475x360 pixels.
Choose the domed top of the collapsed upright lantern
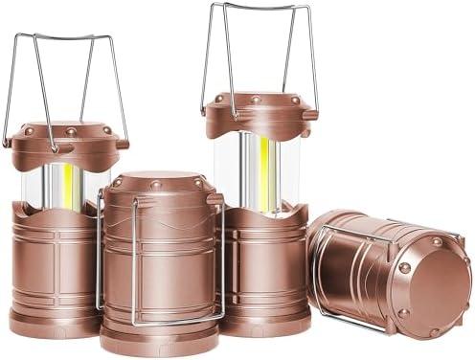pyautogui.click(x=158, y=182)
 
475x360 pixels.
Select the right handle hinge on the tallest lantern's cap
pyautogui.click(x=311, y=114)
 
